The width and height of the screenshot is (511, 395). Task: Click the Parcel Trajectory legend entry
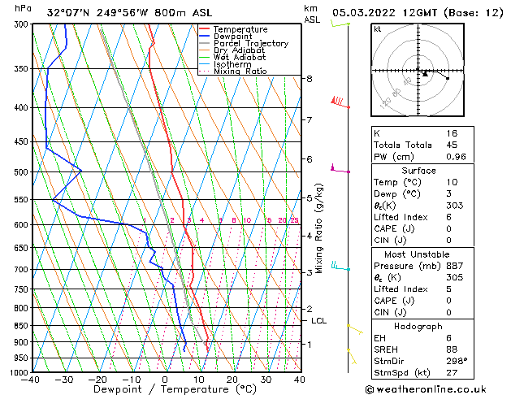(251, 44)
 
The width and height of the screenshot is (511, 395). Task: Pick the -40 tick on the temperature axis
(31, 380)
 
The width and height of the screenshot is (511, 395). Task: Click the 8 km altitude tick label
(309, 79)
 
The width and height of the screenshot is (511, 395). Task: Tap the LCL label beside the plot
(318, 321)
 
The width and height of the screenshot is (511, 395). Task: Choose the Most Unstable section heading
(430, 253)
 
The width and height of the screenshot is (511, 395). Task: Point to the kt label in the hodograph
(378, 28)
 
